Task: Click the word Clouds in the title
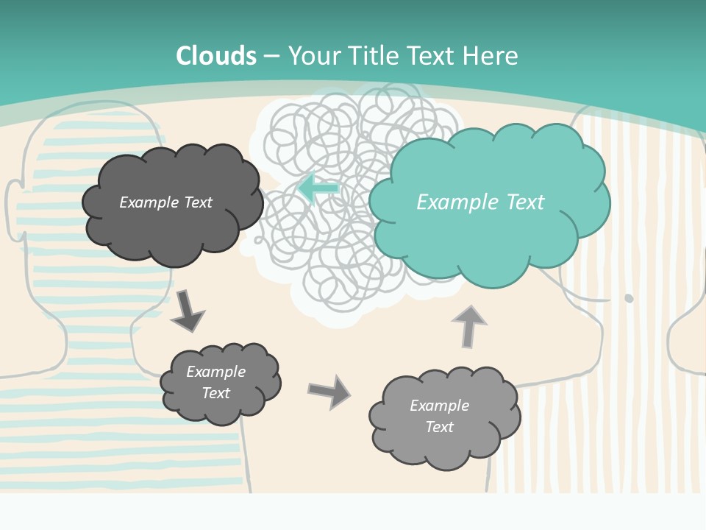(216, 56)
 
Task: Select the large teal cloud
(489, 202)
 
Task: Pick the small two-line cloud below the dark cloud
(219, 383)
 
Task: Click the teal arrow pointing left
(318, 188)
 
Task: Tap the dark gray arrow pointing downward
(188, 311)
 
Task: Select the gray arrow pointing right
(329, 391)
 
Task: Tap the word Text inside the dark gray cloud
(196, 202)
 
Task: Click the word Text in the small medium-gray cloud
(215, 393)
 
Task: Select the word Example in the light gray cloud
(439, 406)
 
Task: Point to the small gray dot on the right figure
(629, 298)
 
